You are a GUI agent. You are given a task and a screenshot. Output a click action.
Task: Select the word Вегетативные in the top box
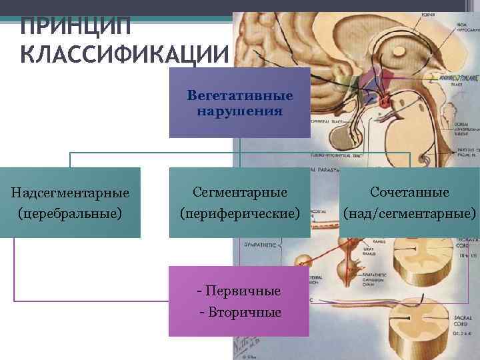240,96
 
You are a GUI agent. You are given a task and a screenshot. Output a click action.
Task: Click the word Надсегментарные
70,193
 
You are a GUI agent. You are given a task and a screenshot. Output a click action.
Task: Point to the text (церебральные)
70,214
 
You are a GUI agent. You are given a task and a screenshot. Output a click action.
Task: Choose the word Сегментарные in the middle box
240,192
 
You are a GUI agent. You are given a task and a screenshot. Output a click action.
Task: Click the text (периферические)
240,214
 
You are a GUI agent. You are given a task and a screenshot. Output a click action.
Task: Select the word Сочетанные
410,192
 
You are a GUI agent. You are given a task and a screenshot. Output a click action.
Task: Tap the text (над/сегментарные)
410,214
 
